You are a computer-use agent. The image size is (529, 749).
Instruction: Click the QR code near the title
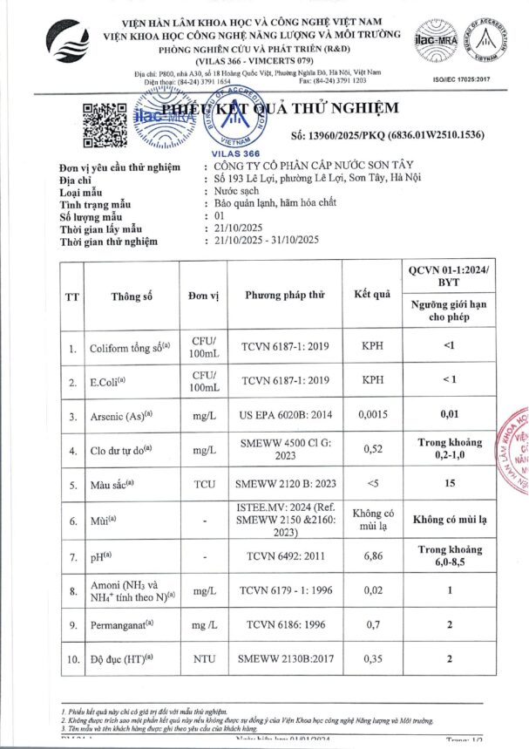[103, 121]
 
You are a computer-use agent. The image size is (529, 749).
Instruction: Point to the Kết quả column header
[372, 296]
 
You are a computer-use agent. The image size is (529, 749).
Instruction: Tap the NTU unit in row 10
[204, 659]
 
